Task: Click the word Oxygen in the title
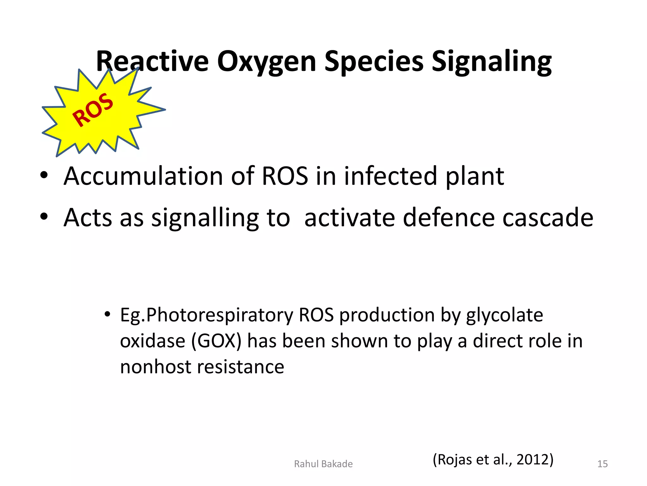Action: click(x=267, y=62)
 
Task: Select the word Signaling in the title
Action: click(x=491, y=62)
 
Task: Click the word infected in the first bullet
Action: click(x=390, y=176)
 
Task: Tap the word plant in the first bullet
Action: click(x=475, y=177)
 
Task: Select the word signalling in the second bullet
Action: click(x=205, y=218)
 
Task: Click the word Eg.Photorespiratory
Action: click(x=207, y=316)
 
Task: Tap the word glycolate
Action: click(x=505, y=316)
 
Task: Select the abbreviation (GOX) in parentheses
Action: click(x=216, y=341)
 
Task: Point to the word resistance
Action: click(x=240, y=367)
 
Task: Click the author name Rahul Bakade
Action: click(x=323, y=464)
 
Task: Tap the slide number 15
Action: click(x=602, y=464)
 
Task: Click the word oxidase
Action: click(x=153, y=341)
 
